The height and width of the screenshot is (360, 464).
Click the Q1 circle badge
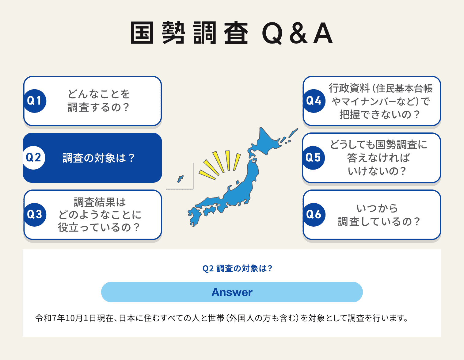pyautogui.click(x=35, y=101)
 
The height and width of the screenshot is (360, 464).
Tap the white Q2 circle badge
pyautogui.click(x=34, y=158)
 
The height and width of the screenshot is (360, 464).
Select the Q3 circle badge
pyautogui.click(x=35, y=214)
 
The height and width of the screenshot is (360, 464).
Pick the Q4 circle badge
pyautogui.click(x=314, y=101)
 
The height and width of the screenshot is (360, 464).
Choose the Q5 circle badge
pyautogui.click(x=313, y=158)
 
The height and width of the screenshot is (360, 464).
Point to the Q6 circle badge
pyautogui.click(x=314, y=214)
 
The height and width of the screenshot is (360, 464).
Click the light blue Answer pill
pyautogui.click(x=232, y=292)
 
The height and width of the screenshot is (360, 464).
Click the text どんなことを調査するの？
pyautogui.click(x=98, y=101)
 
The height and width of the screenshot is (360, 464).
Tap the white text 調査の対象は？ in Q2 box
pyautogui.click(x=98, y=158)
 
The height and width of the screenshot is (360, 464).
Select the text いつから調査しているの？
pyautogui.click(x=378, y=215)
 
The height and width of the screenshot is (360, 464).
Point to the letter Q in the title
pyautogui.click(x=272, y=33)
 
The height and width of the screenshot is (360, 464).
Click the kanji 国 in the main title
pyautogui.click(x=142, y=33)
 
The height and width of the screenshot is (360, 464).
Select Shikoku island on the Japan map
pyautogui.click(x=210, y=211)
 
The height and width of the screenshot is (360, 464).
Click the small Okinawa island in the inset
pyautogui.click(x=180, y=179)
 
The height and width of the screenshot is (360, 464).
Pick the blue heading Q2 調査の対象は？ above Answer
pyautogui.click(x=237, y=269)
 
